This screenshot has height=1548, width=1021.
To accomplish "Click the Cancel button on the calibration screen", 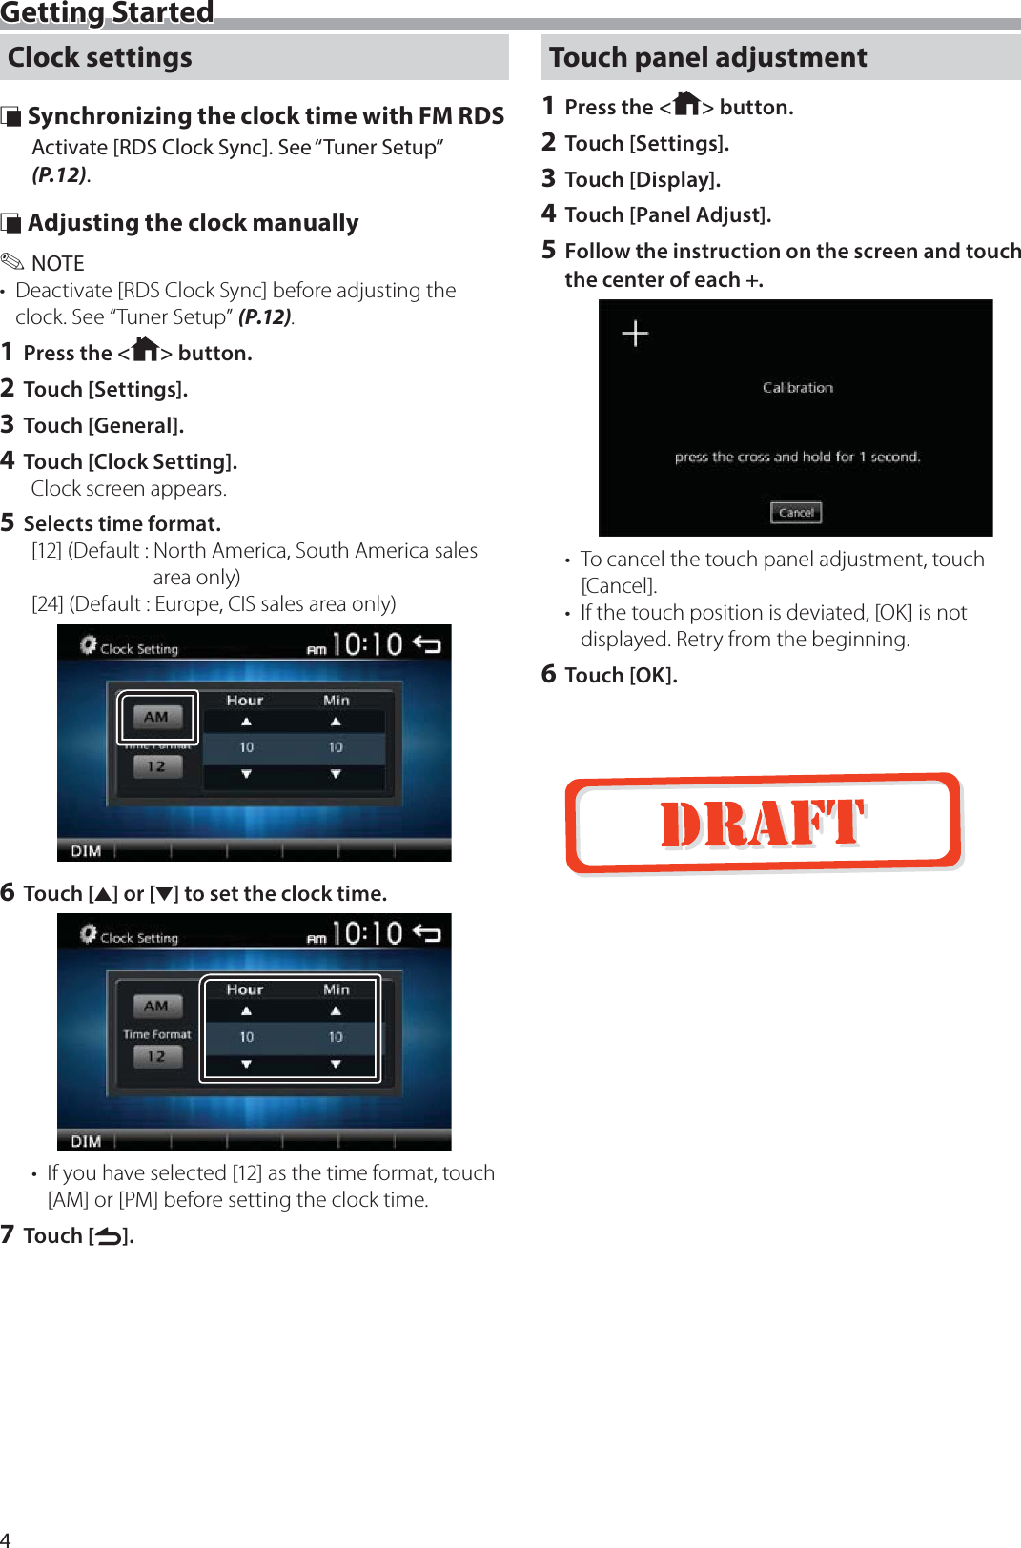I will (x=796, y=513).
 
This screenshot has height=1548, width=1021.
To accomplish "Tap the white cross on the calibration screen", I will (x=635, y=333).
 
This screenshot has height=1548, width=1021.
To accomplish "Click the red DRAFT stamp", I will (x=763, y=824).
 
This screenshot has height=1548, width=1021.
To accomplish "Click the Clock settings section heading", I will (x=100, y=57).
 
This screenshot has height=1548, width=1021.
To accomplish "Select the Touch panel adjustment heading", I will (x=707, y=57).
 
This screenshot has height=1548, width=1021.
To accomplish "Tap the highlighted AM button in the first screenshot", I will (x=157, y=717).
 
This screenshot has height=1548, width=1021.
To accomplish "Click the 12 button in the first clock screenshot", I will (x=157, y=766).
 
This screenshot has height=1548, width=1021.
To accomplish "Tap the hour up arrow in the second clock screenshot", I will (x=246, y=1011).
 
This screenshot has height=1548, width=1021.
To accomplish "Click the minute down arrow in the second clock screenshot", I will (x=336, y=1064).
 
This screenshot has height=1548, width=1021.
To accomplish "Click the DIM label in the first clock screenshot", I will (x=86, y=851).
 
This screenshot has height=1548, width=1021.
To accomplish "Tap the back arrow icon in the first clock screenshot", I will (x=426, y=645).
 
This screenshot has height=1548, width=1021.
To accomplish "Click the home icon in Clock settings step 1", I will (x=145, y=350).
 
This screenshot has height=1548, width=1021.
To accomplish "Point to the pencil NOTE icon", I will (x=12, y=261).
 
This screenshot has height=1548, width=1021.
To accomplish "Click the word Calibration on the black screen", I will (x=798, y=388).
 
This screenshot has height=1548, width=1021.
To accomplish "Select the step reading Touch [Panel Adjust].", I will (x=667, y=215).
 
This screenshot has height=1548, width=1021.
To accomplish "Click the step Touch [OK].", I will (x=621, y=676).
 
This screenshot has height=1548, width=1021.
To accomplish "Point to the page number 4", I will (x=6, y=1538).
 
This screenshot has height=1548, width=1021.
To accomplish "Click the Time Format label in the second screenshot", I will (x=157, y=1034).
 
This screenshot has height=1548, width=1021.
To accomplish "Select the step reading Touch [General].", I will (x=103, y=426).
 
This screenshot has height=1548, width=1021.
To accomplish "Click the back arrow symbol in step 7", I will (x=109, y=1237).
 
